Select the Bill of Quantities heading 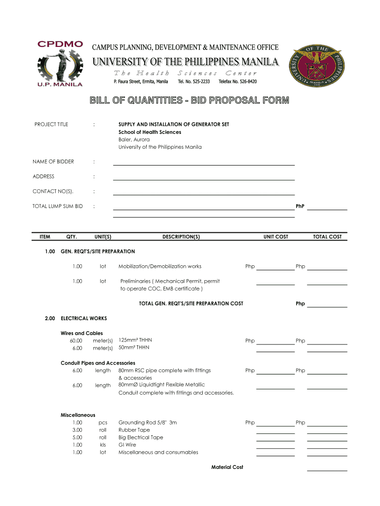190,101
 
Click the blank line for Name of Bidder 203,163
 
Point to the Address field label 43,176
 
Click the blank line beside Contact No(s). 203,193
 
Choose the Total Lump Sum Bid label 58,206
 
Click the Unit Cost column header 275,237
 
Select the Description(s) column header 181,237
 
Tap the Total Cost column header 327,237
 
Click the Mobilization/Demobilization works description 160,266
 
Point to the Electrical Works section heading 83,318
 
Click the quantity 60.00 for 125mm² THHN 76,340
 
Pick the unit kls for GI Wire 103,445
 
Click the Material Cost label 227,467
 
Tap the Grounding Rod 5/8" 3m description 148,422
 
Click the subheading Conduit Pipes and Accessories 98,363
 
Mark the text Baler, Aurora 134,139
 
